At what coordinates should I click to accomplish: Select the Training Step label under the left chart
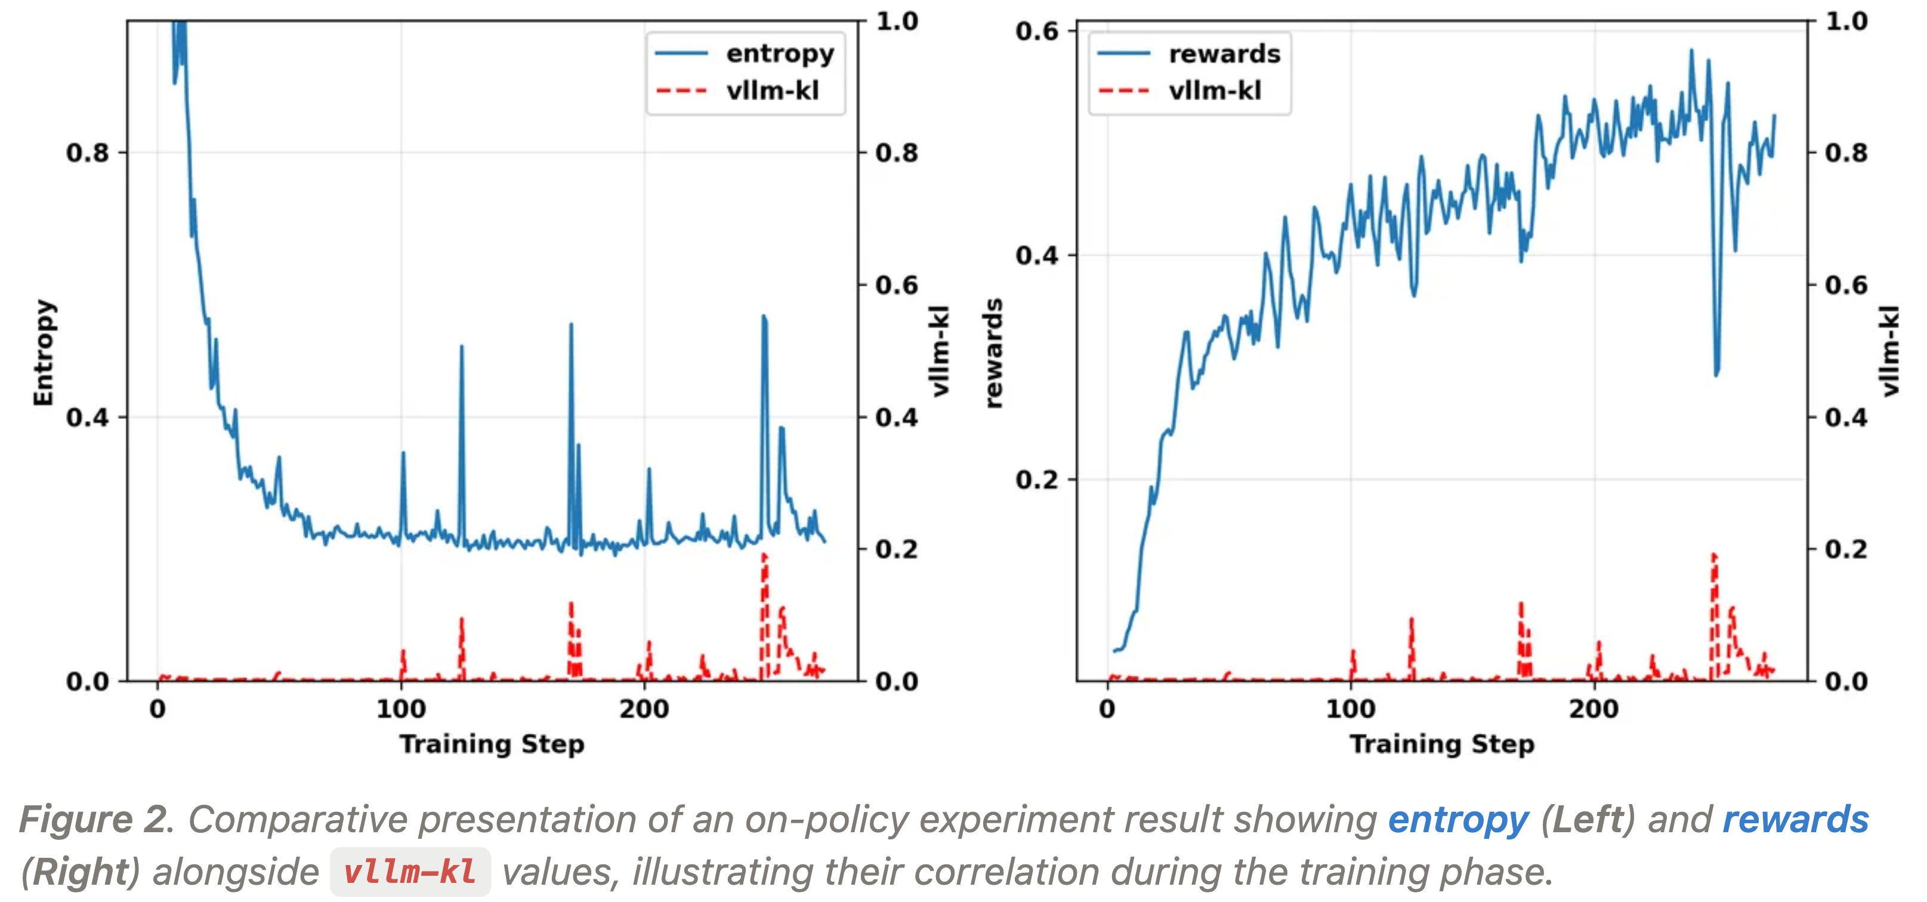click(x=492, y=744)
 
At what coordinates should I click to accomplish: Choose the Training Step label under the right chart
click(x=1441, y=744)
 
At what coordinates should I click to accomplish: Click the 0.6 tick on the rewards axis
click(x=1037, y=32)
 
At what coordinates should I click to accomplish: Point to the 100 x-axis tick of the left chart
click(x=401, y=708)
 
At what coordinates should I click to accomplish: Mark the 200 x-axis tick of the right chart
click(x=1594, y=708)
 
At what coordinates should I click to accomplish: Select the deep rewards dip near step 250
click(x=1716, y=373)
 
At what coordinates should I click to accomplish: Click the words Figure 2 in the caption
click(x=95, y=820)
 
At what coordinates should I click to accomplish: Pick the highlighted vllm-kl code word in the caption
click(x=410, y=872)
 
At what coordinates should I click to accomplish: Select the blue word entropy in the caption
click(x=1458, y=820)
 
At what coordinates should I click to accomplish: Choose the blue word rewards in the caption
click(x=1795, y=820)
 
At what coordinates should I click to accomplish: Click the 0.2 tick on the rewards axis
click(x=1037, y=480)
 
